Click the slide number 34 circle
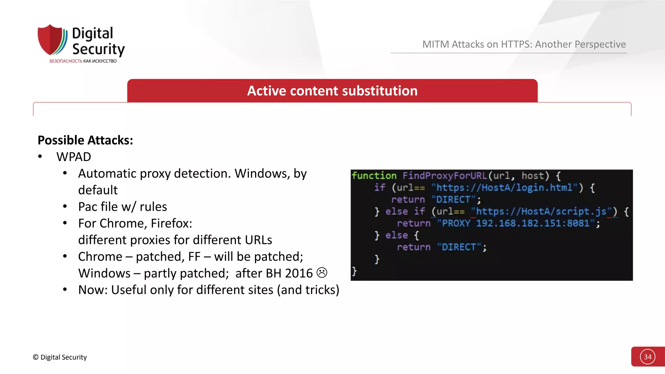click(x=647, y=357)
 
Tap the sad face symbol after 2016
click(x=322, y=273)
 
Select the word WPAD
click(x=74, y=157)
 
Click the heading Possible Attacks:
click(x=85, y=140)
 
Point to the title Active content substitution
click(x=332, y=91)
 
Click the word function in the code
click(x=374, y=176)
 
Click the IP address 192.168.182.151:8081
click(x=533, y=223)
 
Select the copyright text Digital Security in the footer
click(x=60, y=357)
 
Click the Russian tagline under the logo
click(x=83, y=61)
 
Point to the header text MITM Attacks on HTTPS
click(x=524, y=44)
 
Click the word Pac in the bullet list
click(x=88, y=207)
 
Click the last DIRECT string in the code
click(x=458, y=247)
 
